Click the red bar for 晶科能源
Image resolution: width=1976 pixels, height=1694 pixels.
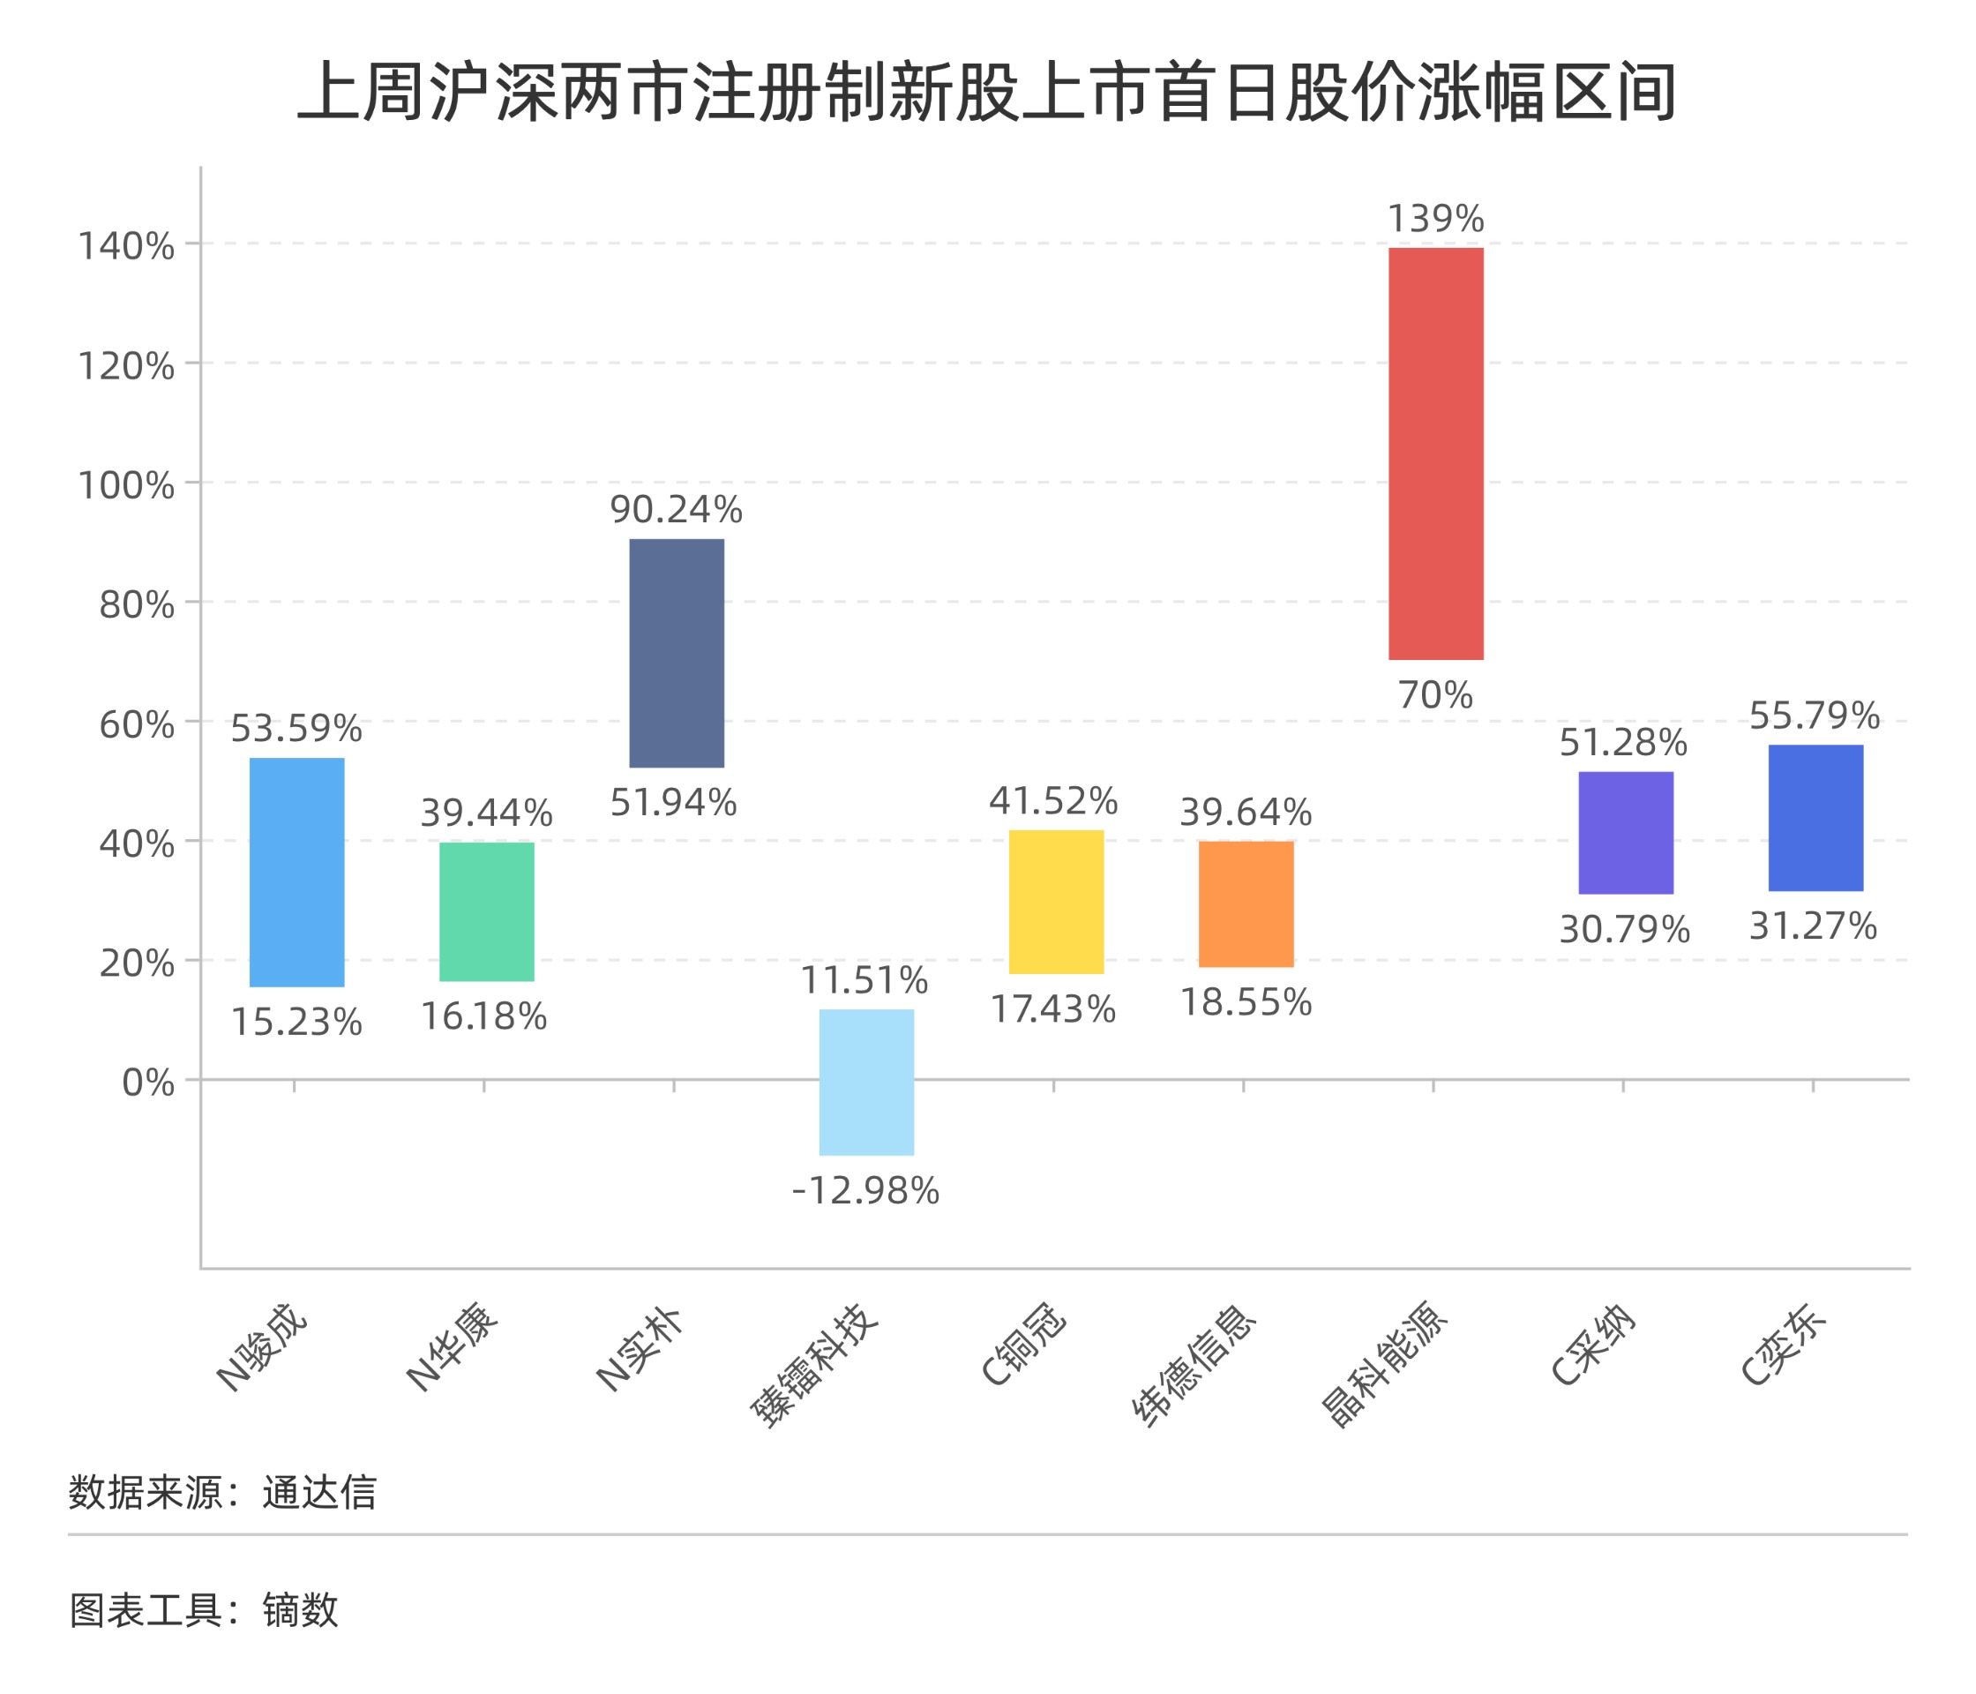[1435, 453]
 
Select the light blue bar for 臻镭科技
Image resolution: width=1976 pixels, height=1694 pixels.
[866, 1082]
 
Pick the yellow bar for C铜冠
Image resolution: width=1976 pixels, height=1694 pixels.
[1056, 902]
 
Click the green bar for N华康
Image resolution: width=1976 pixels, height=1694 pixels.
[486, 911]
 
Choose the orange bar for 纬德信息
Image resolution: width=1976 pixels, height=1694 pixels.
[1246, 903]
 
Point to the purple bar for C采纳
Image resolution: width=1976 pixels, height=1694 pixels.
[1625, 832]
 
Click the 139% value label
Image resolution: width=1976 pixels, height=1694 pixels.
[1435, 219]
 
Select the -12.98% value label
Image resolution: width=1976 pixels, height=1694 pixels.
[866, 1190]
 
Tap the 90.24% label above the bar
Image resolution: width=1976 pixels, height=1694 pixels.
[676, 509]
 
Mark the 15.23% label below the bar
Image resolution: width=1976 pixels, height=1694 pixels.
[296, 1022]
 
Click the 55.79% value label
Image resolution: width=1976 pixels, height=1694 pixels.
[1814, 715]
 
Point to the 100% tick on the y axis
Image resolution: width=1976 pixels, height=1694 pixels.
[126, 484]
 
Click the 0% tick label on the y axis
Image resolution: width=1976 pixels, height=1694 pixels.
[148, 1082]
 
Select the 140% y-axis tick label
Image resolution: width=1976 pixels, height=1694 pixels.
[126, 245]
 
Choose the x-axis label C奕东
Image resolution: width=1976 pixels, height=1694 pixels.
[1781, 1343]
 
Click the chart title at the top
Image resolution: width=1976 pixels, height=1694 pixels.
[987, 92]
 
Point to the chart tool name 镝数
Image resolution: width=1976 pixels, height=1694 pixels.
[301, 1610]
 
